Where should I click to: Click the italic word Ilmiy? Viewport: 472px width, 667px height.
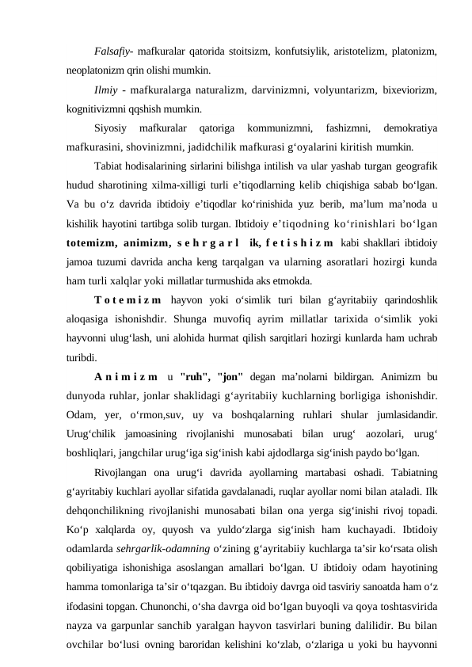(105, 90)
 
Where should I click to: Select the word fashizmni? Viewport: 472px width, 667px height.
(343, 128)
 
